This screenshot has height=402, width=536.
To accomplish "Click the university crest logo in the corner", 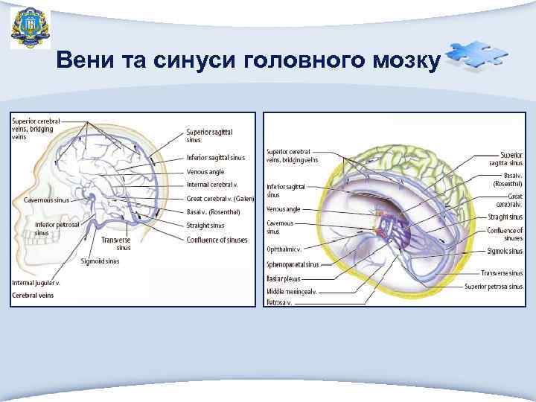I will (x=31, y=28).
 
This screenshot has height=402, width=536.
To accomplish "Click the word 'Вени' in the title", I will (x=82, y=60).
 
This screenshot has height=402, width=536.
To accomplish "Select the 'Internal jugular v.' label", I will (x=36, y=283).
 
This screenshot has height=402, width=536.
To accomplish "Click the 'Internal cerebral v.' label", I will (x=212, y=184).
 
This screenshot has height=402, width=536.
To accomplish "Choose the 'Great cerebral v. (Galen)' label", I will (x=220, y=199).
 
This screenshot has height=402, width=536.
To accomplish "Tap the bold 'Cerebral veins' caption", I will (x=33, y=296).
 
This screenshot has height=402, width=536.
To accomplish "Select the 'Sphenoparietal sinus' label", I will (x=293, y=264).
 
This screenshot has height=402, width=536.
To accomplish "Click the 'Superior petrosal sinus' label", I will (x=494, y=286).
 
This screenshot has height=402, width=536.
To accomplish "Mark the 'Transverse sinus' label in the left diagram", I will (x=116, y=243).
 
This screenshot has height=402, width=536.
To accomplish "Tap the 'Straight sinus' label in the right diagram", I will (x=505, y=217).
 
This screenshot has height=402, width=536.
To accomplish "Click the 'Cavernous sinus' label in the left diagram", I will (x=46, y=200).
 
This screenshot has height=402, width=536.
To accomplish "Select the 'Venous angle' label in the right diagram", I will (x=284, y=209).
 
